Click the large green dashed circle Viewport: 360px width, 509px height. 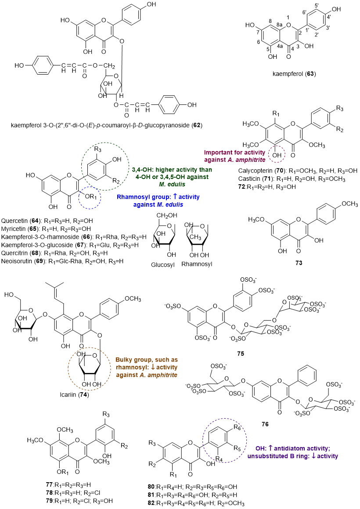105,166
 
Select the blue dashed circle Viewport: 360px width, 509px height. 90,198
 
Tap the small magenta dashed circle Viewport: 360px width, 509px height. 277,154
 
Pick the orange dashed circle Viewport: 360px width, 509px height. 89,369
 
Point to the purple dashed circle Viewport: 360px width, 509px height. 224,441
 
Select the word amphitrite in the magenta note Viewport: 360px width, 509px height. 251,160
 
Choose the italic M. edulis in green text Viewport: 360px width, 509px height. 172,184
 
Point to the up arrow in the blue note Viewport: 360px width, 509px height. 175,197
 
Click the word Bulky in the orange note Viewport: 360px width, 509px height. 125,360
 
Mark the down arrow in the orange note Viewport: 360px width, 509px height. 152,367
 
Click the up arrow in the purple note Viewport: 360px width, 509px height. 270,448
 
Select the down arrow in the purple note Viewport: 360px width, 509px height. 313,456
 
